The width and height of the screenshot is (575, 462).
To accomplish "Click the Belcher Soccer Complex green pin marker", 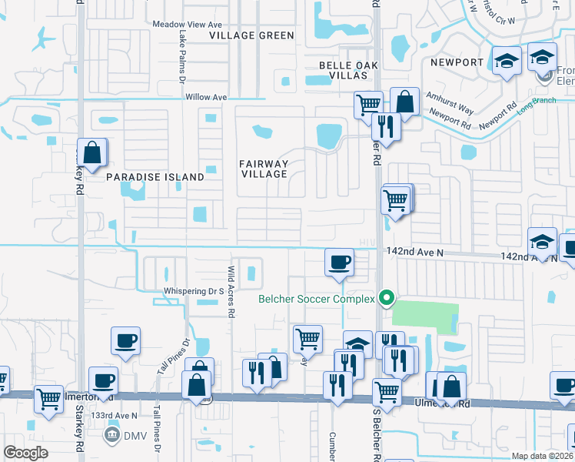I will point(388,297).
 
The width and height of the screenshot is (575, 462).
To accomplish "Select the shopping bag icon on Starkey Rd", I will point(92,153).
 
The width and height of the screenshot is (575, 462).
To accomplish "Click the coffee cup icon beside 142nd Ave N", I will point(339,262).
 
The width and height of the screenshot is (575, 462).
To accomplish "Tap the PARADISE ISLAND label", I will point(155,177).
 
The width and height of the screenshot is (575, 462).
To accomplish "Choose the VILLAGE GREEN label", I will point(252,35).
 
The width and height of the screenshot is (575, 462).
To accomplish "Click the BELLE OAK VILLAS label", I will point(343,71).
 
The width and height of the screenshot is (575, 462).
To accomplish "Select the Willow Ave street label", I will point(206,98).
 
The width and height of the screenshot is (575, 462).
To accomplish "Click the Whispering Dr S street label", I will point(193,291).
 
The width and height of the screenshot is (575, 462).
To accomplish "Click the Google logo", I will point(25,452).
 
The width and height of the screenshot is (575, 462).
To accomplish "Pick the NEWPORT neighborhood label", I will point(457,62).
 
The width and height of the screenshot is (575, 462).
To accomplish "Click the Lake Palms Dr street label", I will point(182,58).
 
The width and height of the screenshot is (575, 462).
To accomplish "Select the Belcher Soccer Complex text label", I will point(316,299).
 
